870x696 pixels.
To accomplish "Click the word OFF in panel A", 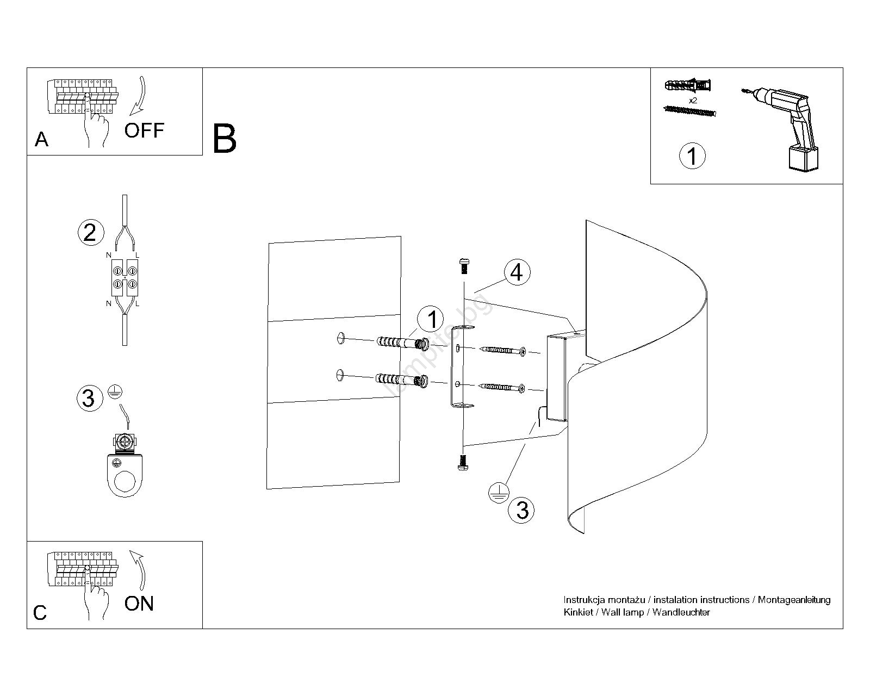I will [144, 130].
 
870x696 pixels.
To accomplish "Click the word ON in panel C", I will [139, 604].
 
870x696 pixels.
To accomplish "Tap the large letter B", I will [225, 139].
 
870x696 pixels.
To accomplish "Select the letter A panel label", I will [42, 140].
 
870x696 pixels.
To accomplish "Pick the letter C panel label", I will [40, 613].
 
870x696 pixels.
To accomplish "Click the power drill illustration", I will [788, 128].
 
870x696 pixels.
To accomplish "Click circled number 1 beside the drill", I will [692, 156].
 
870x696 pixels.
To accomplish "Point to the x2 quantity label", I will [693, 101].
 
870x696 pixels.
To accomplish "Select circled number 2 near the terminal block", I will [90, 232].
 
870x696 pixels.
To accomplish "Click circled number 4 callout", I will [517, 272].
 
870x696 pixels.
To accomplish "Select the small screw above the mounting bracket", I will [464, 266].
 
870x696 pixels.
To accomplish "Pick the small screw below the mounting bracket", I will [463, 462].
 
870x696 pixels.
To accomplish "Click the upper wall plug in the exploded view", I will [401, 343].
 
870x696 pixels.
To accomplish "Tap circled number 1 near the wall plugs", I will [432, 319].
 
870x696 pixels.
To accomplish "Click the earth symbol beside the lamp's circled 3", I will [498, 492].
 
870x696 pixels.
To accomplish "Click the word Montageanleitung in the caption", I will [794, 600].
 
